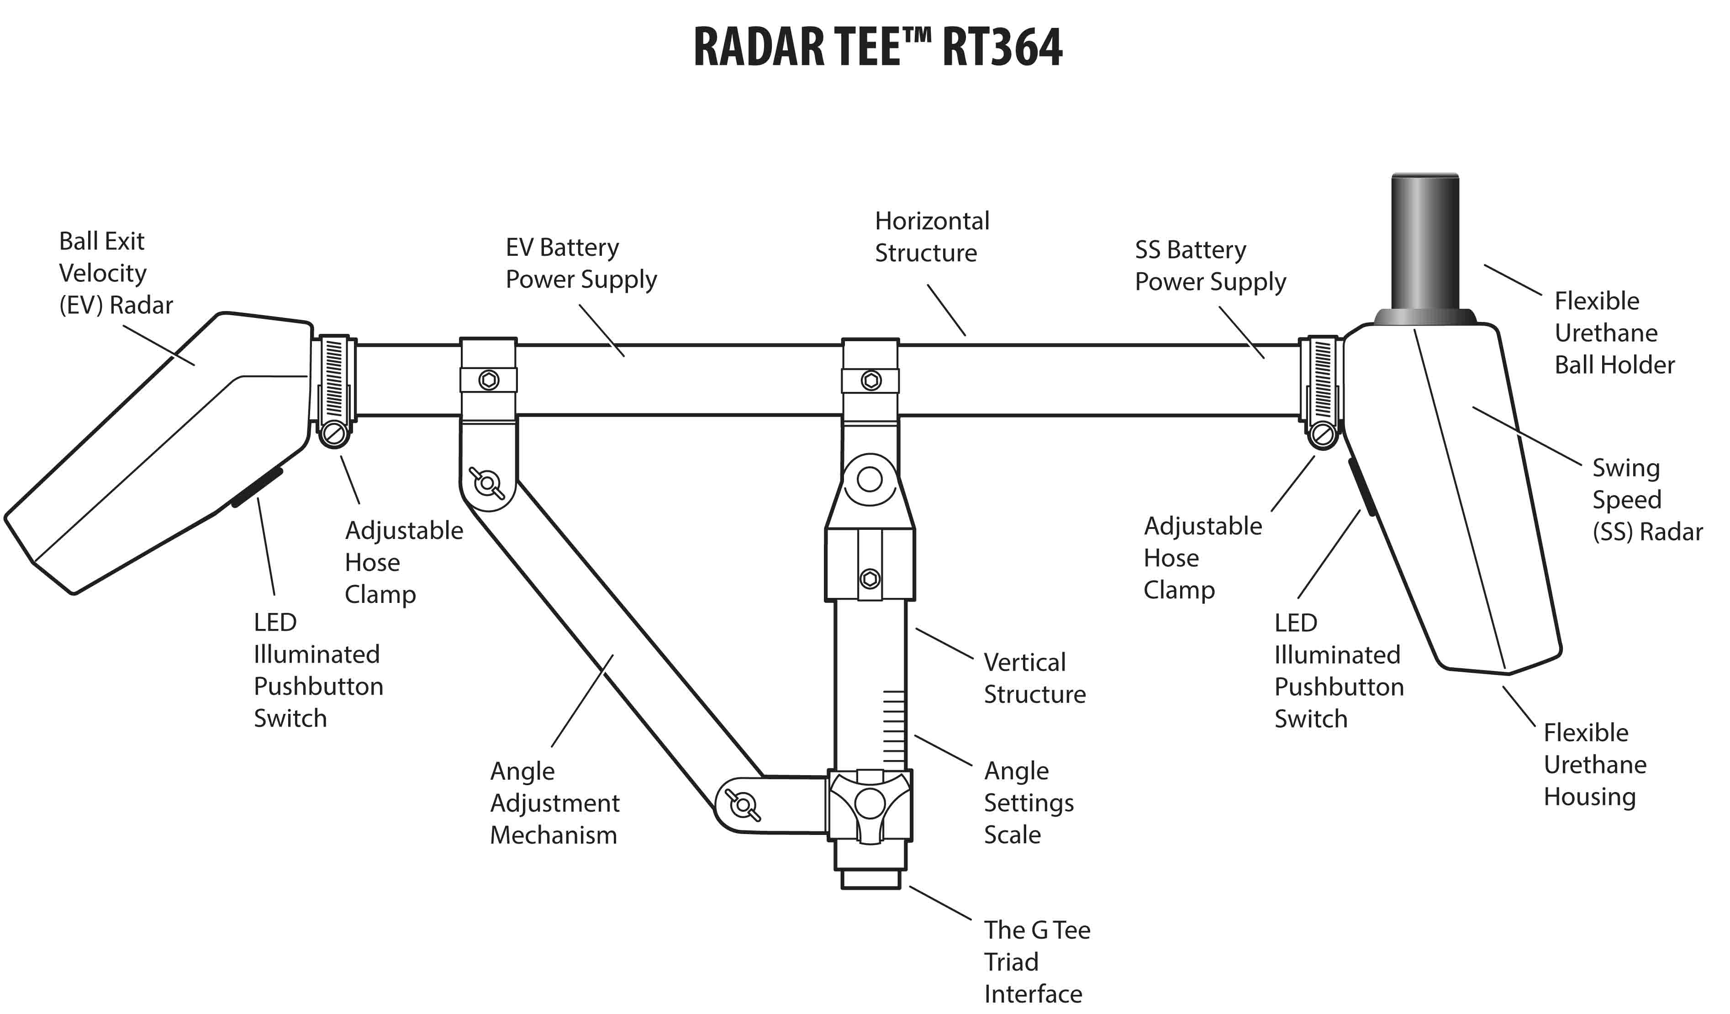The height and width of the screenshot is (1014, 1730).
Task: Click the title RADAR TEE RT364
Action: (877, 48)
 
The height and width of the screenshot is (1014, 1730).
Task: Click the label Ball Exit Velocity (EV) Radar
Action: (116, 273)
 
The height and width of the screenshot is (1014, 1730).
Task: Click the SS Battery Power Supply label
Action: (1210, 266)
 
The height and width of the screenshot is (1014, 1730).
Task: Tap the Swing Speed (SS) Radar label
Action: (1647, 500)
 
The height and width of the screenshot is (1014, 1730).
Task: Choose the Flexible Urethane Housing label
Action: (1594, 765)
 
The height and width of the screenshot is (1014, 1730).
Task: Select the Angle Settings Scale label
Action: (1029, 803)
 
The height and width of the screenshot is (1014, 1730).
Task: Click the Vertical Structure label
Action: (1034, 678)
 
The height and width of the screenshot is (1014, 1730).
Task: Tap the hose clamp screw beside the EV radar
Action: (334, 434)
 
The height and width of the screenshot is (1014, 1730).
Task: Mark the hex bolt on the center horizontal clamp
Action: (870, 380)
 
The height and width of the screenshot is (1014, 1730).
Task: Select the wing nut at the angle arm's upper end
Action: (487, 483)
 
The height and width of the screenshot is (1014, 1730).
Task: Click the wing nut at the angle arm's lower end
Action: (743, 805)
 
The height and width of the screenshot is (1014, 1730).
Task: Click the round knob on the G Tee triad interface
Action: (870, 803)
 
